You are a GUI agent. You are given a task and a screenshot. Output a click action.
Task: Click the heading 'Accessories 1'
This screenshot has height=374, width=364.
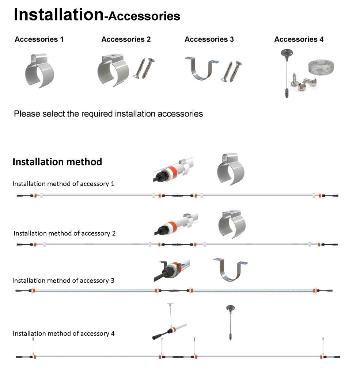coord(39,39)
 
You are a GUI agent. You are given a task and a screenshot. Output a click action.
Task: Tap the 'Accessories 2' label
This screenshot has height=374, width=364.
coord(126,39)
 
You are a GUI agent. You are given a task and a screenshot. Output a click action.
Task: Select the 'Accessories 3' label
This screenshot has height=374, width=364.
coord(209,39)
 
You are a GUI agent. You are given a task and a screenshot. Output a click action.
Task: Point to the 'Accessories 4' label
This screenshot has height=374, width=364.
coord(299,39)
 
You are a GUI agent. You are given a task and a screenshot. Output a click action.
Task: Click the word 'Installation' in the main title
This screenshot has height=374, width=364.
coord(59,14)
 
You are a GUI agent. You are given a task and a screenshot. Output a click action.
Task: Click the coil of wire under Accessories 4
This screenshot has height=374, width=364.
coord(321,67)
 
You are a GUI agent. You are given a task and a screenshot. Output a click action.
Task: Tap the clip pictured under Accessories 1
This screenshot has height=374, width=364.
coord(39,70)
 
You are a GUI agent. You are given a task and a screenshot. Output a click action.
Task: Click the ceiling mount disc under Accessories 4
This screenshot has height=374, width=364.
coord(287,52)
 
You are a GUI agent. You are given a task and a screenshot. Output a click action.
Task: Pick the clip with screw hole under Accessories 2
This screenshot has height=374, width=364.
coord(113,70)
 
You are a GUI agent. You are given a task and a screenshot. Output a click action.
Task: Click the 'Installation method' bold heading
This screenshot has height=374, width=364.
coord(57,162)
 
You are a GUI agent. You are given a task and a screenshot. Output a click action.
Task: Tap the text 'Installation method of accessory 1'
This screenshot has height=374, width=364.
coord(64,184)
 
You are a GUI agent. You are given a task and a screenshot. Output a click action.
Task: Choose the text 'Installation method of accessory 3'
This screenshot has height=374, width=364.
coord(63,280)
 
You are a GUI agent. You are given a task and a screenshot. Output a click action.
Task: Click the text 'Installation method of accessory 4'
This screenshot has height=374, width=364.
coord(64,333)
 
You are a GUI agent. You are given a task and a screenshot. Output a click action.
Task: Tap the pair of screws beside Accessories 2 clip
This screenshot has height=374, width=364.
coord(144,68)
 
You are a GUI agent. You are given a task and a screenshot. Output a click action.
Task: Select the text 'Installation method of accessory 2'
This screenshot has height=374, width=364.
coord(65,233)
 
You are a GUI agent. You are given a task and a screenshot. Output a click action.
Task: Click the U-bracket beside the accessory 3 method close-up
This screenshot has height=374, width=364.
coord(231,269)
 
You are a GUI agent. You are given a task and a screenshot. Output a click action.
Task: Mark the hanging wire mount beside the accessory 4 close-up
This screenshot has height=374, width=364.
coord(230,323)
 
